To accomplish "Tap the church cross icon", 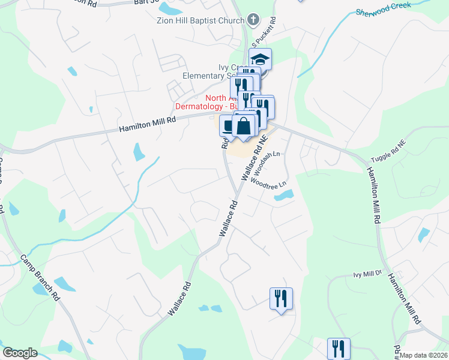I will pos(253,19).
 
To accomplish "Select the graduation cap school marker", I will pos(261,60).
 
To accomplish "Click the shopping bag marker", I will pos(244,127).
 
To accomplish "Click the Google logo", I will pos(20,353).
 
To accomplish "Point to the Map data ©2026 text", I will pos(424,355).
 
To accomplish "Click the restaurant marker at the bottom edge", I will pos(339,348).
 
